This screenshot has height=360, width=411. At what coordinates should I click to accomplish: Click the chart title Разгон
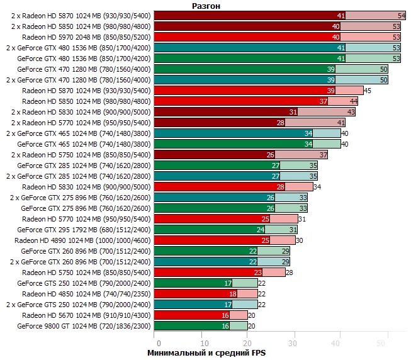pyautogui.click(x=206, y=5)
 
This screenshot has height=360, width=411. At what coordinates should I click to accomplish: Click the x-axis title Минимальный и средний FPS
pyautogui.click(x=206, y=353)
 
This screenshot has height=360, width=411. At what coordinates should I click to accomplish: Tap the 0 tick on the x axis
pyautogui.click(x=159, y=342)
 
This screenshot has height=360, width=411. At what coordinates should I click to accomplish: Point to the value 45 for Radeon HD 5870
pyautogui.click(x=368, y=91)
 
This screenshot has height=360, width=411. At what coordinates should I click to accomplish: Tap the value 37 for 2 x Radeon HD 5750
pyautogui.click(x=324, y=154)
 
